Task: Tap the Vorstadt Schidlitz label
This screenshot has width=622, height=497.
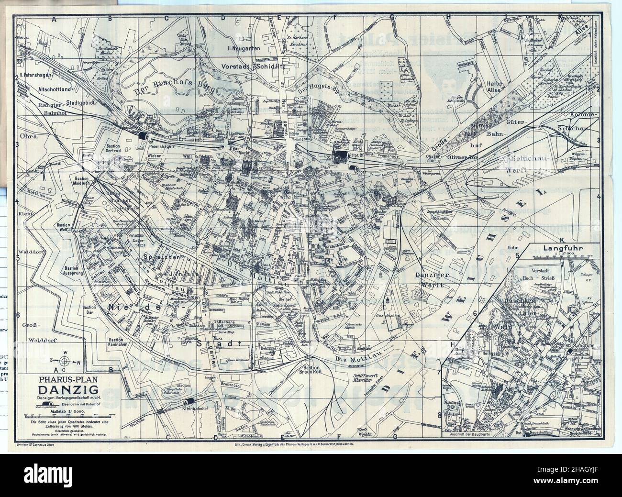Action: [x=256, y=66]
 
